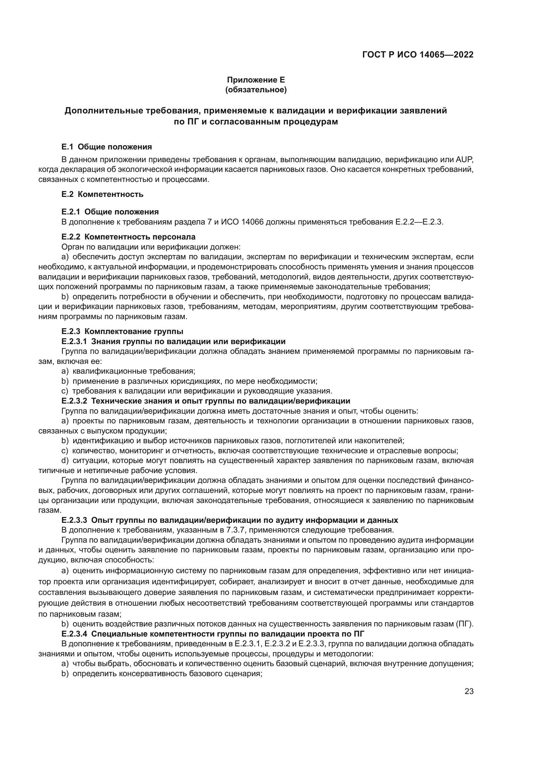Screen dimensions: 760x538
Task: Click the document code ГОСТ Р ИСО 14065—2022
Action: [x=418, y=55]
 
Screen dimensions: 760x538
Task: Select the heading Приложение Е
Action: [x=256, y=80]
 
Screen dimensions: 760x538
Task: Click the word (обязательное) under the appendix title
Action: [x=256, y=90]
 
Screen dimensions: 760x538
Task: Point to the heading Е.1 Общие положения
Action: [x=107, y=147]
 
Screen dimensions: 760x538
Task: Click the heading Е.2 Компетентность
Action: [x=102, y=194]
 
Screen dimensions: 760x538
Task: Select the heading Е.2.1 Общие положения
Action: [x=110, y=212]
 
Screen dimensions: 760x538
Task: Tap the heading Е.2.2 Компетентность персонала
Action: [x=128, y=237]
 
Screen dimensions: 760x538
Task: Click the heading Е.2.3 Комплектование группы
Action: [x=122, y=331]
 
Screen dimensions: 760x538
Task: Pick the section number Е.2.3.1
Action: [x=74, y=341]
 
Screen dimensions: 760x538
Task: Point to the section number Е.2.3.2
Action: [x=74, y=401]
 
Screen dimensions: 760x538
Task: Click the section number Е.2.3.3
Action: [x=74, y=520]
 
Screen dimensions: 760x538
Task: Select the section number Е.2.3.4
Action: [x=74, y=634]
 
